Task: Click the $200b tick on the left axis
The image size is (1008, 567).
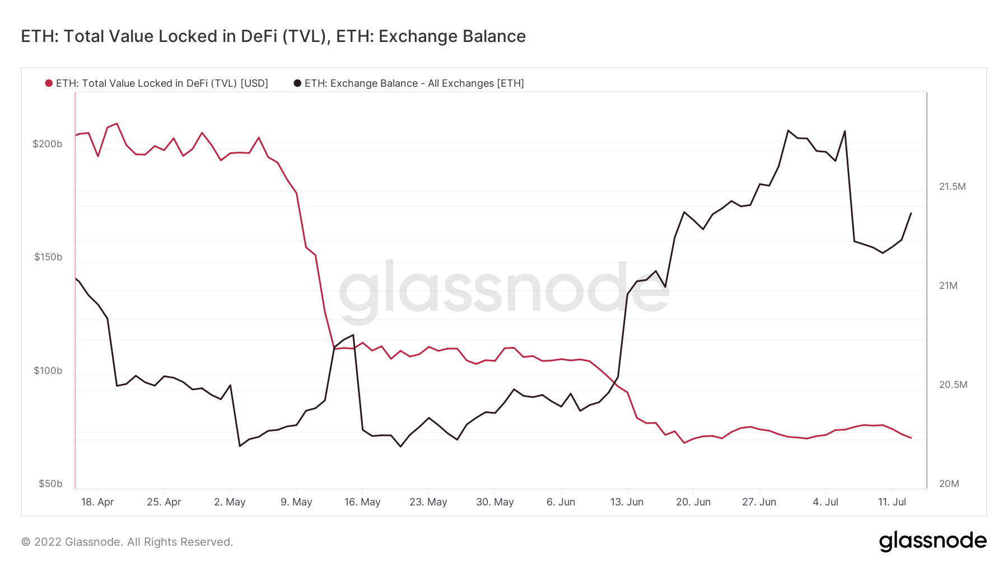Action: coord(48,144)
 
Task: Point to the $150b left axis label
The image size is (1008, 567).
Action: coord(48,257)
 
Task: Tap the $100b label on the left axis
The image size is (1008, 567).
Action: coord(48,371)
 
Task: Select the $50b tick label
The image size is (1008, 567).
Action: coord(50,484)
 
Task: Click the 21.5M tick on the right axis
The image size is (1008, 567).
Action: coord(953,186)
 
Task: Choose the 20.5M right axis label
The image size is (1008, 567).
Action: coord(953,385)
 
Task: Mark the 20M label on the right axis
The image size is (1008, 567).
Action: coord(949,484)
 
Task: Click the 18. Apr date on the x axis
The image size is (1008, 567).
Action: coord(97,502)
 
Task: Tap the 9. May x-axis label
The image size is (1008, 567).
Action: coord(296,502)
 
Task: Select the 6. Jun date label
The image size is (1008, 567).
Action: coord(561,502)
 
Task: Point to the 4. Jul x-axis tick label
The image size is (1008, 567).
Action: coord(825,502)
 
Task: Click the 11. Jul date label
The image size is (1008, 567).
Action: coord(892,502)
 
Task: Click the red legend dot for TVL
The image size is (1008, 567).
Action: coord(49,83)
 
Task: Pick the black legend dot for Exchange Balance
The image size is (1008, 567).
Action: coord(297,83)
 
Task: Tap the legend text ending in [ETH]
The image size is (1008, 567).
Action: coord(414,83)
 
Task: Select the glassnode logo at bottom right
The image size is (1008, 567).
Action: coord(932,541)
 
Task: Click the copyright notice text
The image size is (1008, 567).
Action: coord(127,542)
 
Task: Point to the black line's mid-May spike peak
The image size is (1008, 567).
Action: coord(353,335)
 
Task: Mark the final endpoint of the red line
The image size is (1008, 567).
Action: coord(911,438)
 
